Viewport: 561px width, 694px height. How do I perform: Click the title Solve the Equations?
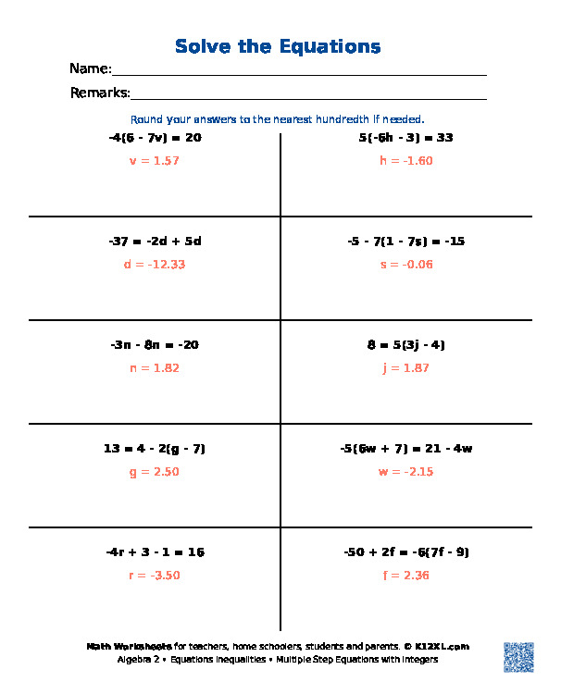[278, 46]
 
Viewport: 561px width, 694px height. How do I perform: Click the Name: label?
[90, 69]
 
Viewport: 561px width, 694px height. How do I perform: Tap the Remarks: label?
[100, 93]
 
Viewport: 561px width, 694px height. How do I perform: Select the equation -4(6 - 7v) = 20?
[155, 138]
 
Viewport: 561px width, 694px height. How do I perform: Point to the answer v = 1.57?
[155, 161]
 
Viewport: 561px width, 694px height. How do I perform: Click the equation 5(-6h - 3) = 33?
[405, 138]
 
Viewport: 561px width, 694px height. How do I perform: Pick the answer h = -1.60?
[405, 161]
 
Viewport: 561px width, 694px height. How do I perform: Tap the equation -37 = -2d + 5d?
[155, 242]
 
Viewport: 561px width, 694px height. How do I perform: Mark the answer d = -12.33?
[155, 265]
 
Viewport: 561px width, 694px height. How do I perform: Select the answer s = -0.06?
[405, 265]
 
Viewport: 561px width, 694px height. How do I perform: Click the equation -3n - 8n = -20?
[155, 345]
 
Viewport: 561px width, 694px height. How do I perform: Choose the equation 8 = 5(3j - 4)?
[405, 345]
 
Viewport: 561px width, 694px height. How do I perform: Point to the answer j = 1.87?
[405, 368]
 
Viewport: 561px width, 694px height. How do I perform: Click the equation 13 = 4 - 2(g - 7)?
[155, 449]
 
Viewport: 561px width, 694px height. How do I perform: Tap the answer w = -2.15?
[405, 472]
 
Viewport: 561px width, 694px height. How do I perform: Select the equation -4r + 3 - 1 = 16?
[155, 552]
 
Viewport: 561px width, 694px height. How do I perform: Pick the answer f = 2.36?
[405, 576]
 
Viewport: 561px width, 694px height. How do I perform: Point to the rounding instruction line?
[278, 119]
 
